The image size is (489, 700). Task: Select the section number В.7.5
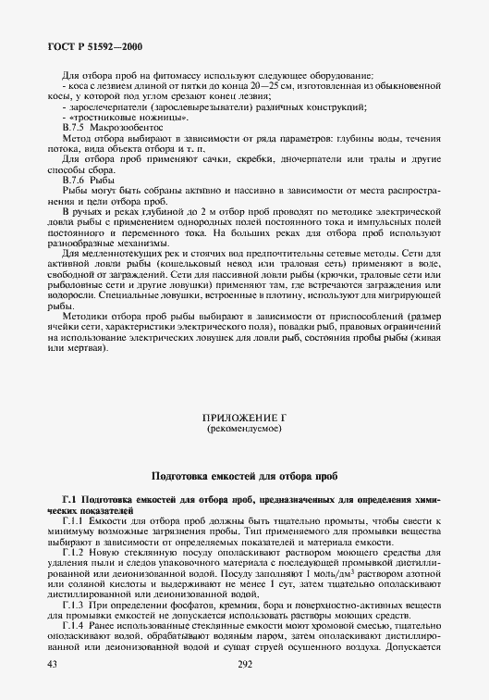tap(73, 130)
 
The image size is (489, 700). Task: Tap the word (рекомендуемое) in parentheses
tap(244, 431)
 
